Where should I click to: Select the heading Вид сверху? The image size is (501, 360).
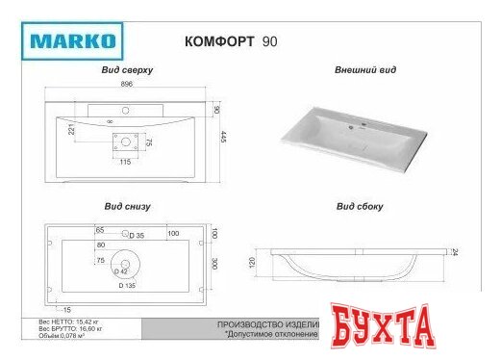pyautogui.click(x=128, y=71)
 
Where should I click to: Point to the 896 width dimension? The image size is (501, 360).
pyautogui.click(x=125, y=85)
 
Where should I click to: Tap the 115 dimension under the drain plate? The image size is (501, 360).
pyautogui.click(x=125, y=162)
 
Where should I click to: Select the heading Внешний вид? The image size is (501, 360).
pyautogui.click(x=359, y=71)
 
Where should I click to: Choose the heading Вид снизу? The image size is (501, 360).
pyautogui.click(x=127, y=206)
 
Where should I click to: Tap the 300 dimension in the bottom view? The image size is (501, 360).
pyautogui.click(x=216, y=263)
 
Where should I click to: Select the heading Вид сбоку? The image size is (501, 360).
pyautogui.click(x=359, y=206)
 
